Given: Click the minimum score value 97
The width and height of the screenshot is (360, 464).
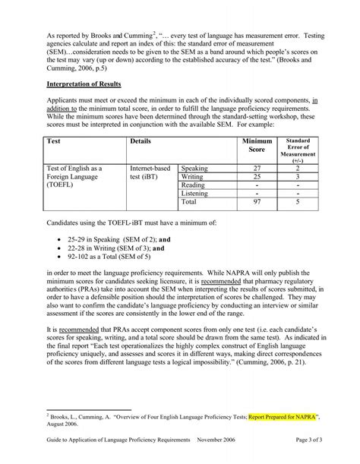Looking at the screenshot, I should point(257,203).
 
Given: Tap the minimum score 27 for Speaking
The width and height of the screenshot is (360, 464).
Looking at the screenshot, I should point(257,168).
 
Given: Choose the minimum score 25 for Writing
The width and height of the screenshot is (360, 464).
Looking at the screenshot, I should point(257,176).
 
